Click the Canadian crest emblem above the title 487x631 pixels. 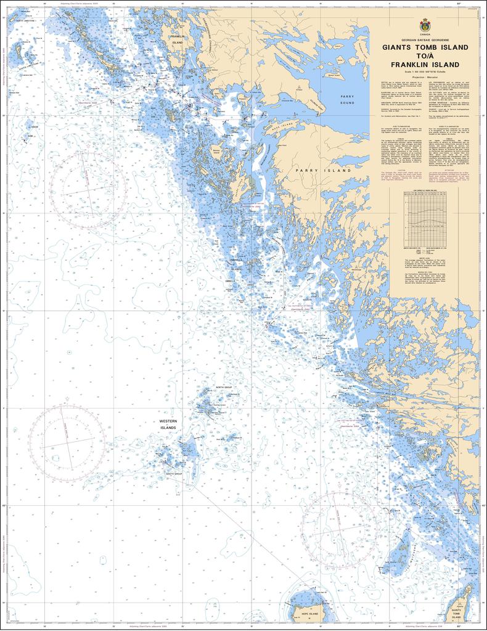click(425, 26)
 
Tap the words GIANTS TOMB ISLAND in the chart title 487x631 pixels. click(425, 47)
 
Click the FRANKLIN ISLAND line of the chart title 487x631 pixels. click(425, 65)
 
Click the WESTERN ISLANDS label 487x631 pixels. click(168, 425)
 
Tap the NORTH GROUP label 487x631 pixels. click(223, 388)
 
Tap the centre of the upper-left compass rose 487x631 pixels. click(89, 184)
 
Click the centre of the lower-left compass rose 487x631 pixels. click(67, 443)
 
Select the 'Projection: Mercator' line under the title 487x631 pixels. click(425, 78)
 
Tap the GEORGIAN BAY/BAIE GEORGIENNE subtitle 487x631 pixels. click(425, 39)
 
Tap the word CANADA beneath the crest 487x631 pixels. click(425, 35)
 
